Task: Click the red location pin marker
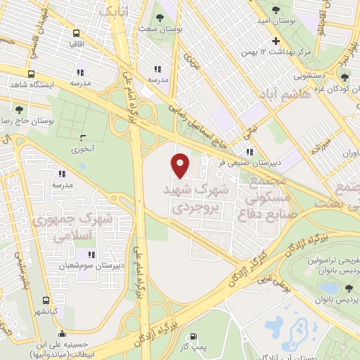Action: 181,165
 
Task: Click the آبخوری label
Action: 83,149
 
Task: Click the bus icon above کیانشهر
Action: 46,297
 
